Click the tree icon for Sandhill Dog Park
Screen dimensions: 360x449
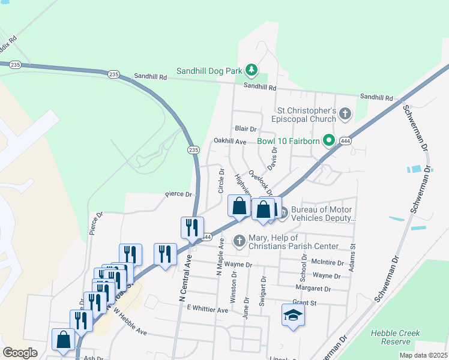252,70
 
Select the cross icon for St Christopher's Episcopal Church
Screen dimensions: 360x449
345,113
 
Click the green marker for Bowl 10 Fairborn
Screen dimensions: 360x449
328,142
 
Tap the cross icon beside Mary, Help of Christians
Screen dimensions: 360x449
239,241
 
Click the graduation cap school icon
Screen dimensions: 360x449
293,315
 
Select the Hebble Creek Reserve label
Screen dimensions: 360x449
395,337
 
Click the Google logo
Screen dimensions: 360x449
20,353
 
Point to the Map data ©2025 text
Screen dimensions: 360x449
423,355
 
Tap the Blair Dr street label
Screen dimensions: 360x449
246,128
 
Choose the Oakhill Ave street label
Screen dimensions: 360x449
230,142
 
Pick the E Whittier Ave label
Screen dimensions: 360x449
207,310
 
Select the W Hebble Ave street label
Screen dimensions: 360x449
129,322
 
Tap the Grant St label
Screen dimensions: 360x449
304,303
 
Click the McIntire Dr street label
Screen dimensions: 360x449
328,263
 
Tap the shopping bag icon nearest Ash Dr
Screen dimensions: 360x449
63,339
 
